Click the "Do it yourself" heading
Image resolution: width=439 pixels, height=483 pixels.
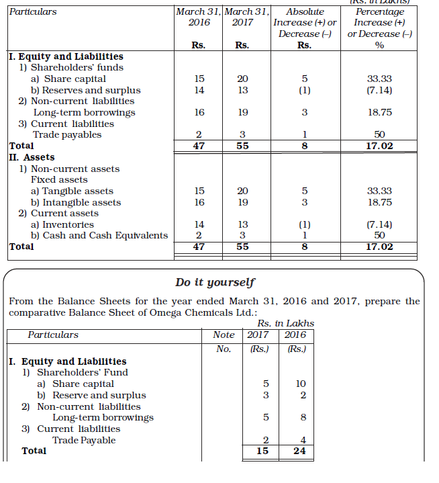(x=215, y=282)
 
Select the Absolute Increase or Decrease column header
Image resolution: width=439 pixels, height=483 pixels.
(x=304, y=23)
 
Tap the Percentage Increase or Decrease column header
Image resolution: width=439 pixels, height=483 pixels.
(x=379, y=23)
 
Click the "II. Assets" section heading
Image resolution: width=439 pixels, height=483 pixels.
(x=32, y=157)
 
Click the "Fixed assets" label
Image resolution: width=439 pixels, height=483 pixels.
(x=59, y=179)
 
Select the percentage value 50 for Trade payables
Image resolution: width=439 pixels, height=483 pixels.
(x=380, y=134)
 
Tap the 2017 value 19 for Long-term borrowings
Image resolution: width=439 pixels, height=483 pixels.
(x=243, y=112)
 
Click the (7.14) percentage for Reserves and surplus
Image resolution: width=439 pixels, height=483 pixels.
(x=380, y=90)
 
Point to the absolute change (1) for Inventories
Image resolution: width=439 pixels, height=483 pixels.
(x=304, y=224)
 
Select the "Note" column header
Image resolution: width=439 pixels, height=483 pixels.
(x=224, y=335)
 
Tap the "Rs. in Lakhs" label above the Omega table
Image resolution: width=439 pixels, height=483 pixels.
(x=286, y=323)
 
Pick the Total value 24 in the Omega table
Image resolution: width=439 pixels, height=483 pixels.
(x=299, y=451)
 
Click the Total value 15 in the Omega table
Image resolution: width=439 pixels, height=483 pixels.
(x=262, y=451)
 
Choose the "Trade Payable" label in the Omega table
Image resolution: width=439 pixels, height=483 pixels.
(x=84, y=440)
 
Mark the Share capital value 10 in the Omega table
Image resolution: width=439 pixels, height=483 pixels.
(x=300, y=384)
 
